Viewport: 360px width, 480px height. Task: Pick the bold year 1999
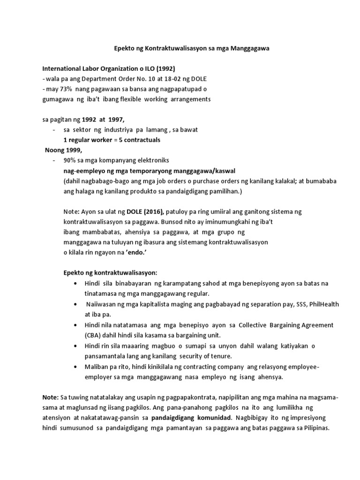pos(74,150)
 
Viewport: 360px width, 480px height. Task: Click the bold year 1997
pos(115,120)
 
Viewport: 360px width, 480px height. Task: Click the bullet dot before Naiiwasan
pos(75,305)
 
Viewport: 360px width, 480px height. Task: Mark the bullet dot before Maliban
pos(75,367)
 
